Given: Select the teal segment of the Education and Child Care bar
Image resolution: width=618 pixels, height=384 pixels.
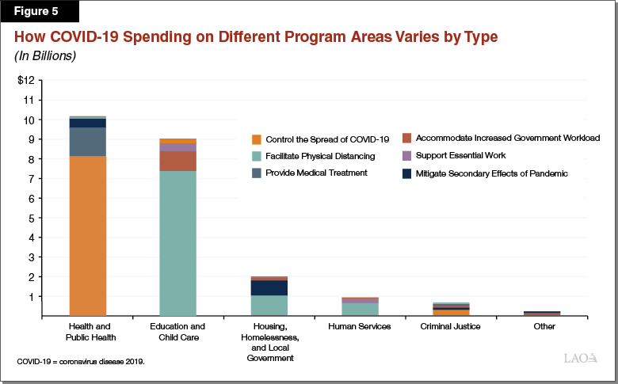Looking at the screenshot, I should [189, 243].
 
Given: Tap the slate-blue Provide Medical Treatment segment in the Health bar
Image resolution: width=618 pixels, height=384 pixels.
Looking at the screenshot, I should [99, 142].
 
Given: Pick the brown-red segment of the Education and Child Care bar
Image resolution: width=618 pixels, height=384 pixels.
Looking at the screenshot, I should [189, 161].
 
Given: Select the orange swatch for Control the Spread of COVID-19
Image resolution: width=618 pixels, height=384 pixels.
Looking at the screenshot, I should [255, 139].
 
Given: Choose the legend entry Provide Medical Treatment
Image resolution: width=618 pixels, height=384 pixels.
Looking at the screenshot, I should [316, 173].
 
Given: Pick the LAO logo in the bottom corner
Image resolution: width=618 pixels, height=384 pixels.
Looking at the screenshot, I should [581, 360].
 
